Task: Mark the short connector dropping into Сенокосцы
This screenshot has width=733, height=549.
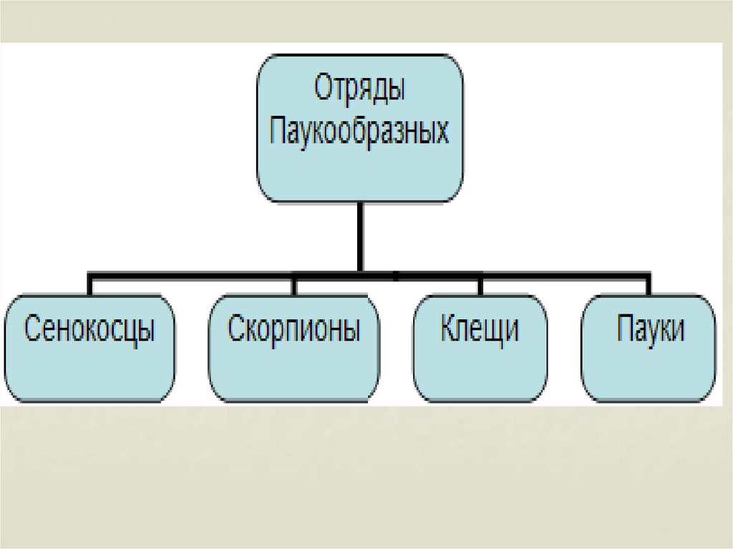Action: tap(90, 285)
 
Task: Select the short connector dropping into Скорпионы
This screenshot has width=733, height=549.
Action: tap(293, 285)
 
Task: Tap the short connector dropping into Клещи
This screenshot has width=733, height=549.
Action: tap(481, 285)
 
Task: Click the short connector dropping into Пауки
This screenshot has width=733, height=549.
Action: tap(649, 285)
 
